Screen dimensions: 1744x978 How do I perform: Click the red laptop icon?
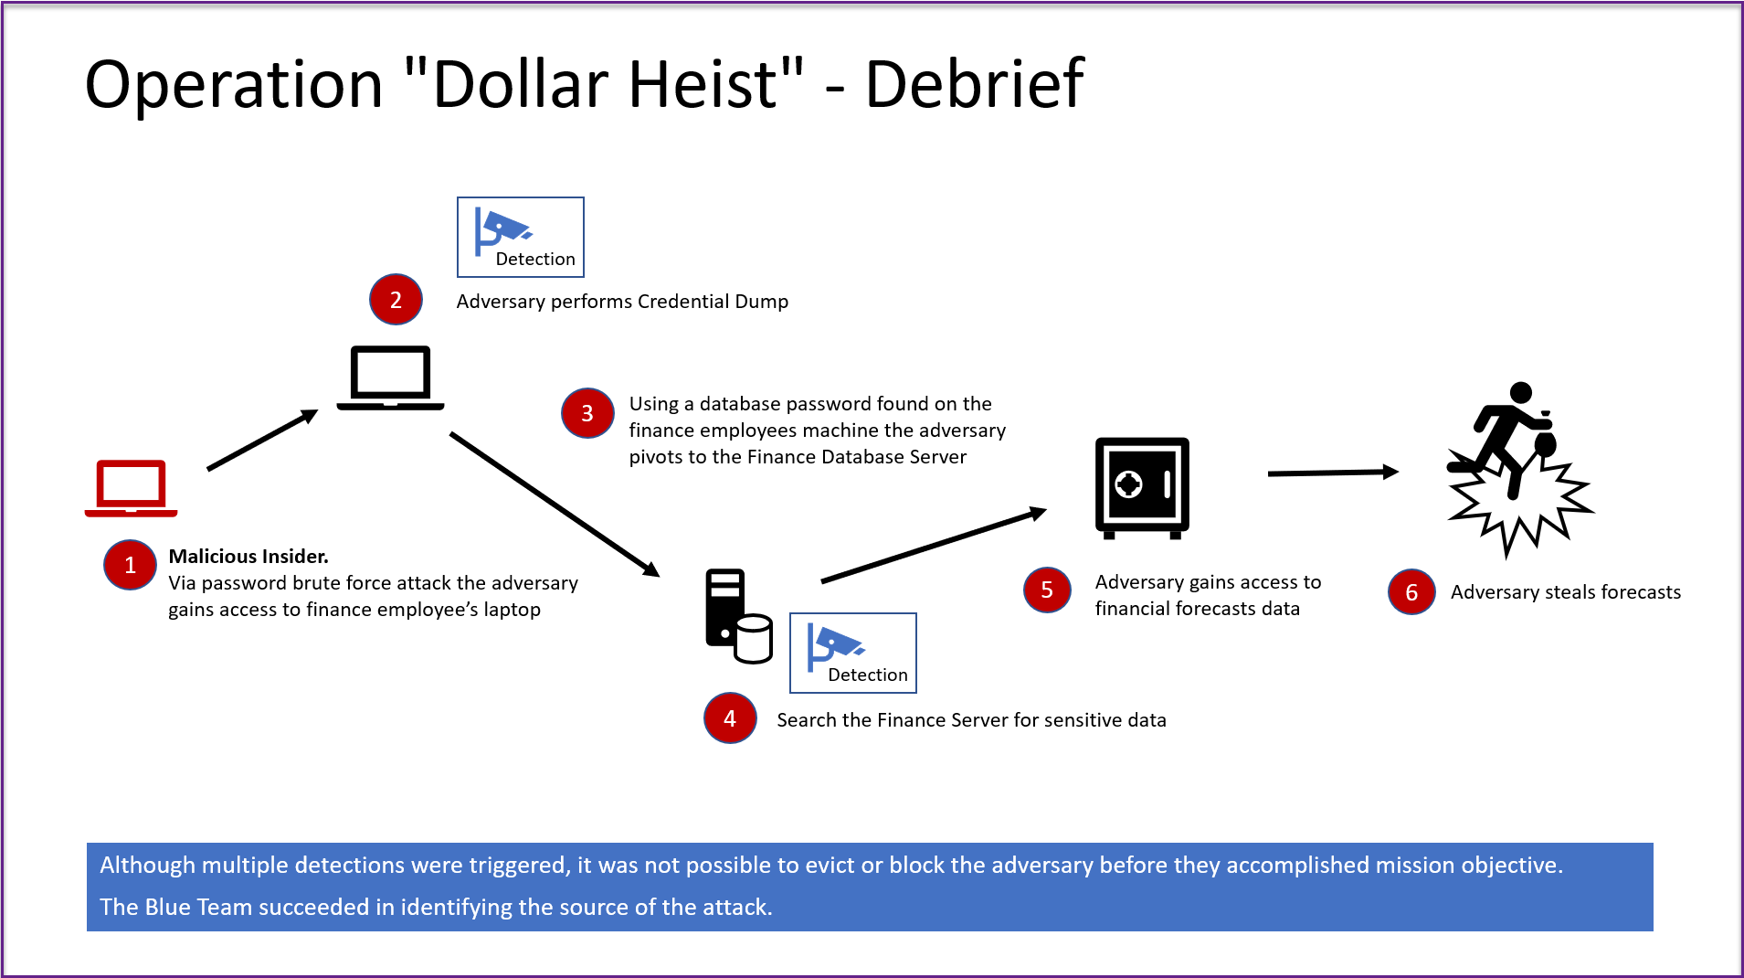[131, 488]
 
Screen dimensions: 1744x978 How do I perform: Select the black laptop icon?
[390, 377]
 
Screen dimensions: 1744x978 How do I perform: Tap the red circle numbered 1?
[130, 565]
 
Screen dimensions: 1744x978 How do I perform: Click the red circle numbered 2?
[396, 300]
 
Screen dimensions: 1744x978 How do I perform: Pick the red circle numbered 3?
[587, 413]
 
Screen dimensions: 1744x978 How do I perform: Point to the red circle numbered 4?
[730, 718]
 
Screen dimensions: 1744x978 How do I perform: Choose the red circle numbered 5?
[1047, 590]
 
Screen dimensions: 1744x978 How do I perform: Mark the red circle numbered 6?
[1411, 592]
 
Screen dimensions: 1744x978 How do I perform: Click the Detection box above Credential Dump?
[521, 237]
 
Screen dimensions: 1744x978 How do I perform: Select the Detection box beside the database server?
[853, 653]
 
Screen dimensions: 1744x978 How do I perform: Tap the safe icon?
[1142, 488]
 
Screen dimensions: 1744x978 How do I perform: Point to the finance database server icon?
[738, 616]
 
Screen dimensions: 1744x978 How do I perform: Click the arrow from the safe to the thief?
[1334, 473]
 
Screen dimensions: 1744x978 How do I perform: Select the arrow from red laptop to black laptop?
[263, 440]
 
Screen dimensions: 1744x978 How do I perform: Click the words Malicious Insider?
[248, 556]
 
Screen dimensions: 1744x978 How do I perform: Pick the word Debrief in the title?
[975, 84]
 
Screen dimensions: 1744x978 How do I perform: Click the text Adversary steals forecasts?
[1566, 592]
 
